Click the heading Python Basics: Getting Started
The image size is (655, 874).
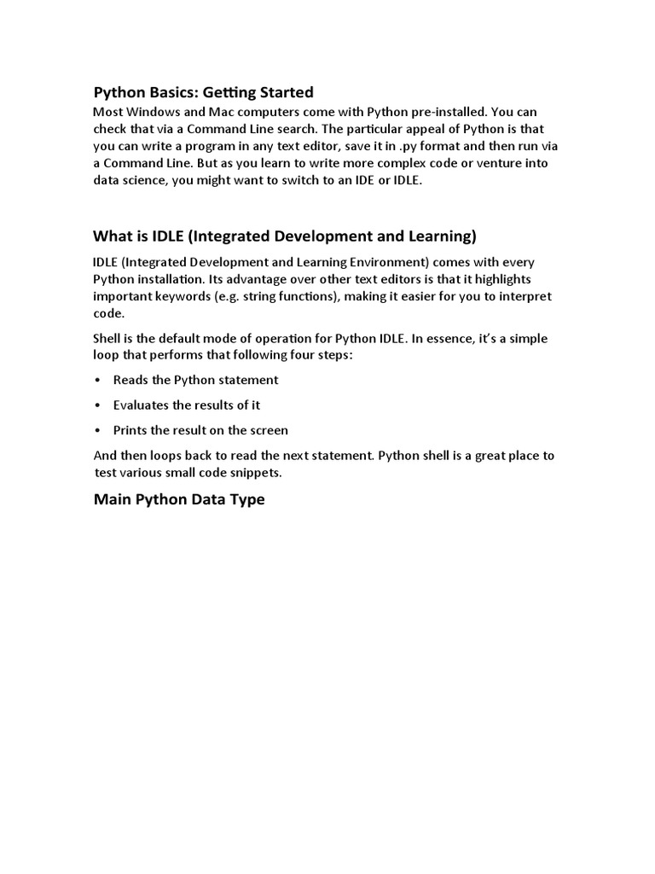click(x=203, y=92)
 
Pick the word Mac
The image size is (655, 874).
click(x=219, y=112)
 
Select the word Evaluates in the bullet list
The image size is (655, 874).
click(x=141, y=405)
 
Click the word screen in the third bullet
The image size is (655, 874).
click(x=268, y=430)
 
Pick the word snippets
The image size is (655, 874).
click(x=256, y=472)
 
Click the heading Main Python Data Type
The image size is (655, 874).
click(x=179, y=499)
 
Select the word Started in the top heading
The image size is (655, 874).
click(x=282, y=92)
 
